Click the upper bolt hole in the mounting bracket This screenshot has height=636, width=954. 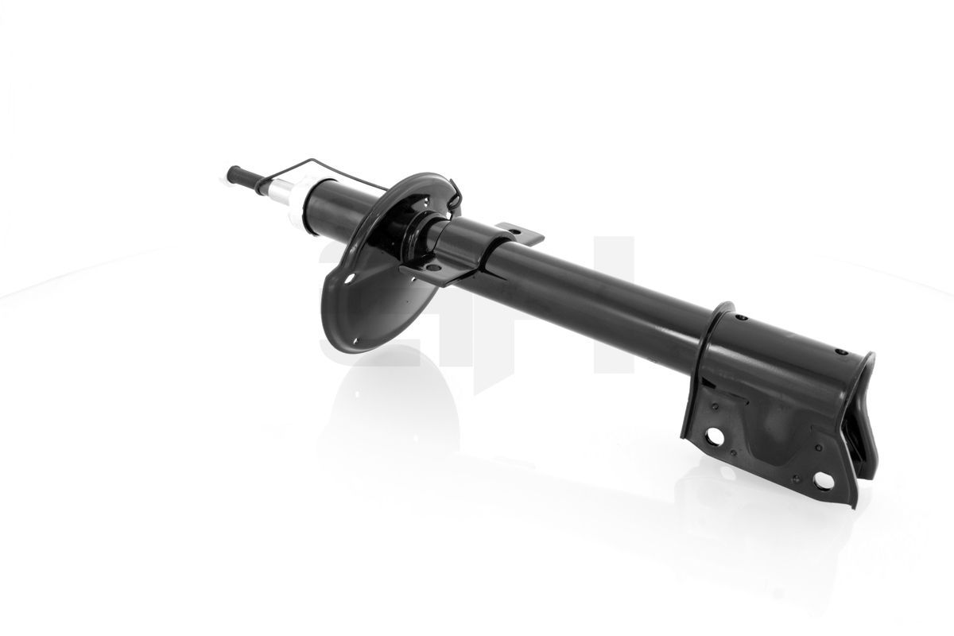pyautogui.click(x=715, y=436)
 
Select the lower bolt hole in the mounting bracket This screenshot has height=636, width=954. pyautogui.click(x=824, y=480)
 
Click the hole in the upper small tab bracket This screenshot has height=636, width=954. pyautogui.click(x=514, y=232)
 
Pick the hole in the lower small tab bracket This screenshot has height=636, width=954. pyautogui.click(x=433, y=268)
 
